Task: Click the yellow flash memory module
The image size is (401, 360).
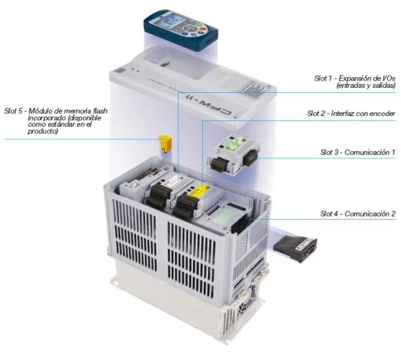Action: point(164,144)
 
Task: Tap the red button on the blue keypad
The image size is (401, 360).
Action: point(203,29)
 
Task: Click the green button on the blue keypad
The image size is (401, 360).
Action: point(200,25)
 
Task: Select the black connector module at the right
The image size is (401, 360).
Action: point(296,249)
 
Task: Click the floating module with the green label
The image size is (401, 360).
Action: point(233,153)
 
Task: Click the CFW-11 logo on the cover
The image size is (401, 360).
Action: point(209,105)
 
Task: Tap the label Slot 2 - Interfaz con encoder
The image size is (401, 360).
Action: point(351,113)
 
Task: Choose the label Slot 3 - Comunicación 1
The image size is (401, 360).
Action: point(358,153)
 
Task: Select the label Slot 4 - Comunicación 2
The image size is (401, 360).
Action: point(358,214)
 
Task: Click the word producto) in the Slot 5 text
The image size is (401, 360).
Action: point(42,132)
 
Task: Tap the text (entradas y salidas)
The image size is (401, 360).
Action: point(366,86)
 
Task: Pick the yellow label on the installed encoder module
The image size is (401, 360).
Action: point(196,190)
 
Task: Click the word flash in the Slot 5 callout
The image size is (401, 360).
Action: point(100,111)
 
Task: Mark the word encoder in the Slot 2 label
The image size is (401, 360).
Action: point(382,113)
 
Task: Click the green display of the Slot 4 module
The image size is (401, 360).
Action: point(222,217)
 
